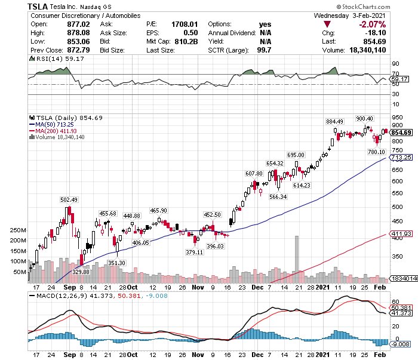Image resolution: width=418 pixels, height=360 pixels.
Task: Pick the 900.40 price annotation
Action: (364, 118)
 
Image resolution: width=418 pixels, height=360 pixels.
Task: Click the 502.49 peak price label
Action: (69, 199)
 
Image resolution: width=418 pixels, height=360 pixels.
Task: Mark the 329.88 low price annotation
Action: (81, 272)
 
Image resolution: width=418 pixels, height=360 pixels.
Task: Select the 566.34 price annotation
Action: (278, 196)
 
